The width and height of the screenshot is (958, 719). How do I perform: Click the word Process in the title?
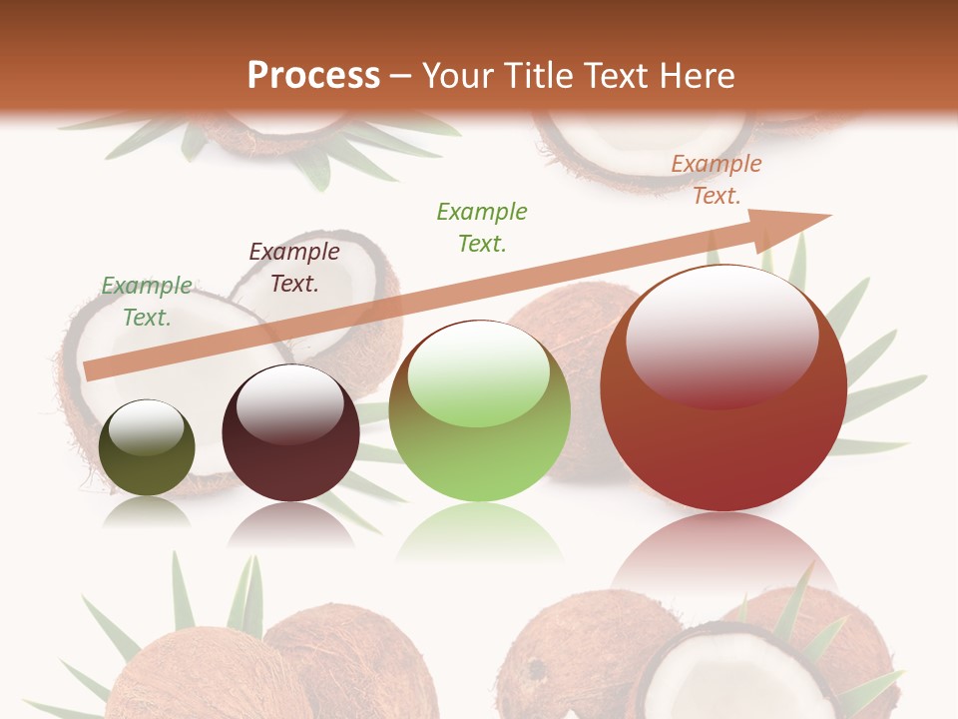click(x=313, y=75)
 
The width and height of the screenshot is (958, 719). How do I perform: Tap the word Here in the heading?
click(x=698, y=75)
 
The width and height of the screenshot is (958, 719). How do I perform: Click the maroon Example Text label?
click(x=293, y=268)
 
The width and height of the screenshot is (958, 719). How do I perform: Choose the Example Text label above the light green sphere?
click(x=482, y=227)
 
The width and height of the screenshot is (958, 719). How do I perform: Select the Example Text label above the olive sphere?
click(x=147, y=302)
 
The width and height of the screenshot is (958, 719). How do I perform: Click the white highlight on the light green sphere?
click(x=479, y=372)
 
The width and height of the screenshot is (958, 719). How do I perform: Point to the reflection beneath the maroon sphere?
click(x=290, y=524)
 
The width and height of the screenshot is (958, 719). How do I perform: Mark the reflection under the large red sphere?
click(x=723, y=554)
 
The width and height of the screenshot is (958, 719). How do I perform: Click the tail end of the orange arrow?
click(x=93, y=370)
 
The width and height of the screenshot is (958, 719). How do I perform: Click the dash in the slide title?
click(x=401, y=76)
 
